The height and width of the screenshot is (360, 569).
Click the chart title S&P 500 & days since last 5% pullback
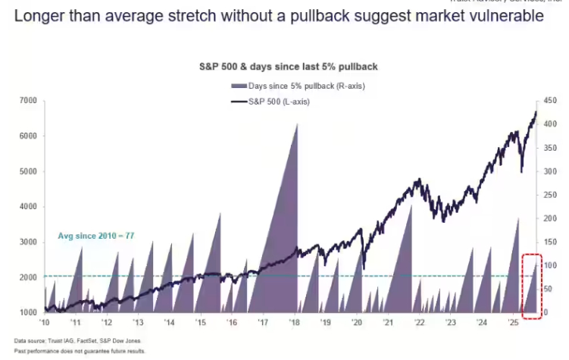point(283,67)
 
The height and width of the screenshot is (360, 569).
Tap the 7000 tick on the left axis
point(28,101)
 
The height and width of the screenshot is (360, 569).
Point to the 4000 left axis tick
point(28,206)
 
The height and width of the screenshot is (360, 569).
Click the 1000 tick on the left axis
point(28,312)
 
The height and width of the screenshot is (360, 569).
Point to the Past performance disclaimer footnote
point(80,351)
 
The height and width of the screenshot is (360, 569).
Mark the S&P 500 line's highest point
point(536,112)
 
